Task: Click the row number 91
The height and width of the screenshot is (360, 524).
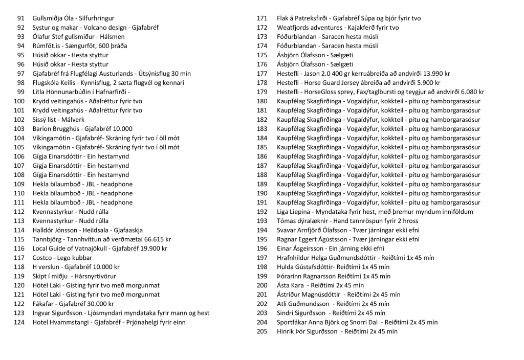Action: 20,18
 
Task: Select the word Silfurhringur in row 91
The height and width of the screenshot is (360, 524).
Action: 96,18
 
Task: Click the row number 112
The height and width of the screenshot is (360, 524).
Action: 19,211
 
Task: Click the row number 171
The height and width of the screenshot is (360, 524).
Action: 262,18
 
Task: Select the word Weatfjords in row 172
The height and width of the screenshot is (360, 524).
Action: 294,27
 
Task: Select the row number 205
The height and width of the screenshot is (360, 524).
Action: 262,331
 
